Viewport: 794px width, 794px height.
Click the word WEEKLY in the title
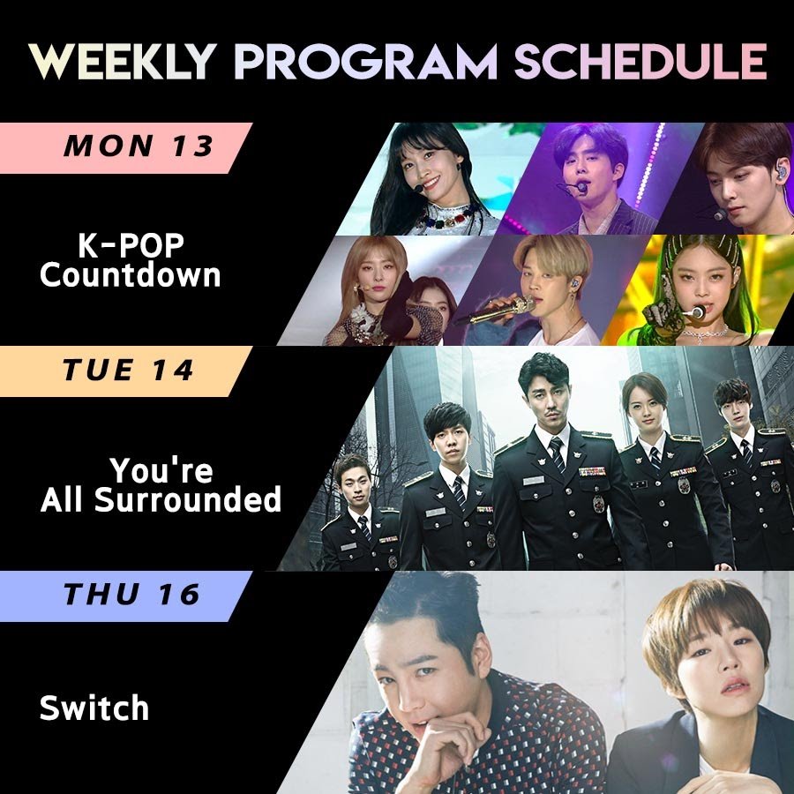123,61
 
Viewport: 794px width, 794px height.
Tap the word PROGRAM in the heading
365,61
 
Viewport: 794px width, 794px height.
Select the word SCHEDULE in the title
640,61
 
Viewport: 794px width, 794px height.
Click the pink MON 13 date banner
126,147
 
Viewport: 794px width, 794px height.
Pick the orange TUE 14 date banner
126,371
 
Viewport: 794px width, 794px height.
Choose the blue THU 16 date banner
126,596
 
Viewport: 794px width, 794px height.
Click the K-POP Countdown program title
131,261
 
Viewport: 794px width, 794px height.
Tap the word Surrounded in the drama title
187,499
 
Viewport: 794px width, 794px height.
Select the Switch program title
94,708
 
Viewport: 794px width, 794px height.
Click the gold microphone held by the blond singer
501,310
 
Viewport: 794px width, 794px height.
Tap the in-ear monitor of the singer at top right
782,172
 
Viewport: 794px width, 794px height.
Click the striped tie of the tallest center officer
558,454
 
